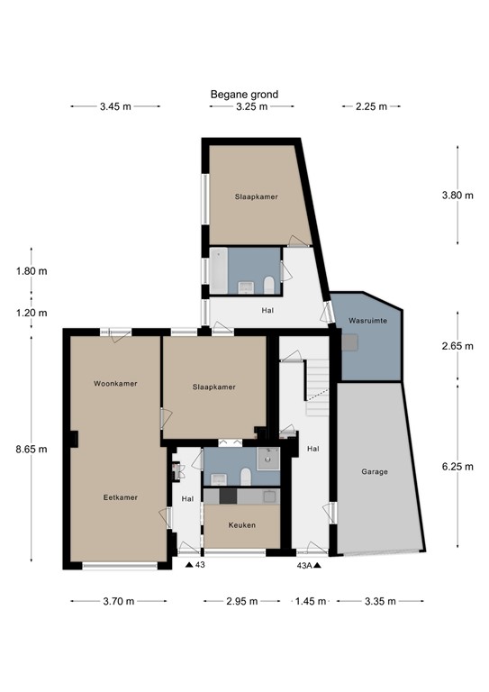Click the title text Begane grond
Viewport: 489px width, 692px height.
tap(244, 94)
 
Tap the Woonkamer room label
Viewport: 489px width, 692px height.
tap(115, 384)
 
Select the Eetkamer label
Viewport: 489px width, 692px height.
tap(119, 496)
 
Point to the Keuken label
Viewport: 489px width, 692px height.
tap(241, 524)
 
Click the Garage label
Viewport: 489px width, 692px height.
tap(375, 471)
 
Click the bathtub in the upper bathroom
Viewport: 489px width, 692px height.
tap(219, 271)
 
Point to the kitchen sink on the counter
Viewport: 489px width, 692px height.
tap(267, 496)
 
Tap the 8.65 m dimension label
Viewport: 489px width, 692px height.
tap(32, 449)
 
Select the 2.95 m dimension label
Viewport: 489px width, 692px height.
tap(241, 601)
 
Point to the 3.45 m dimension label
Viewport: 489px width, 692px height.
tap(114, 106)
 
